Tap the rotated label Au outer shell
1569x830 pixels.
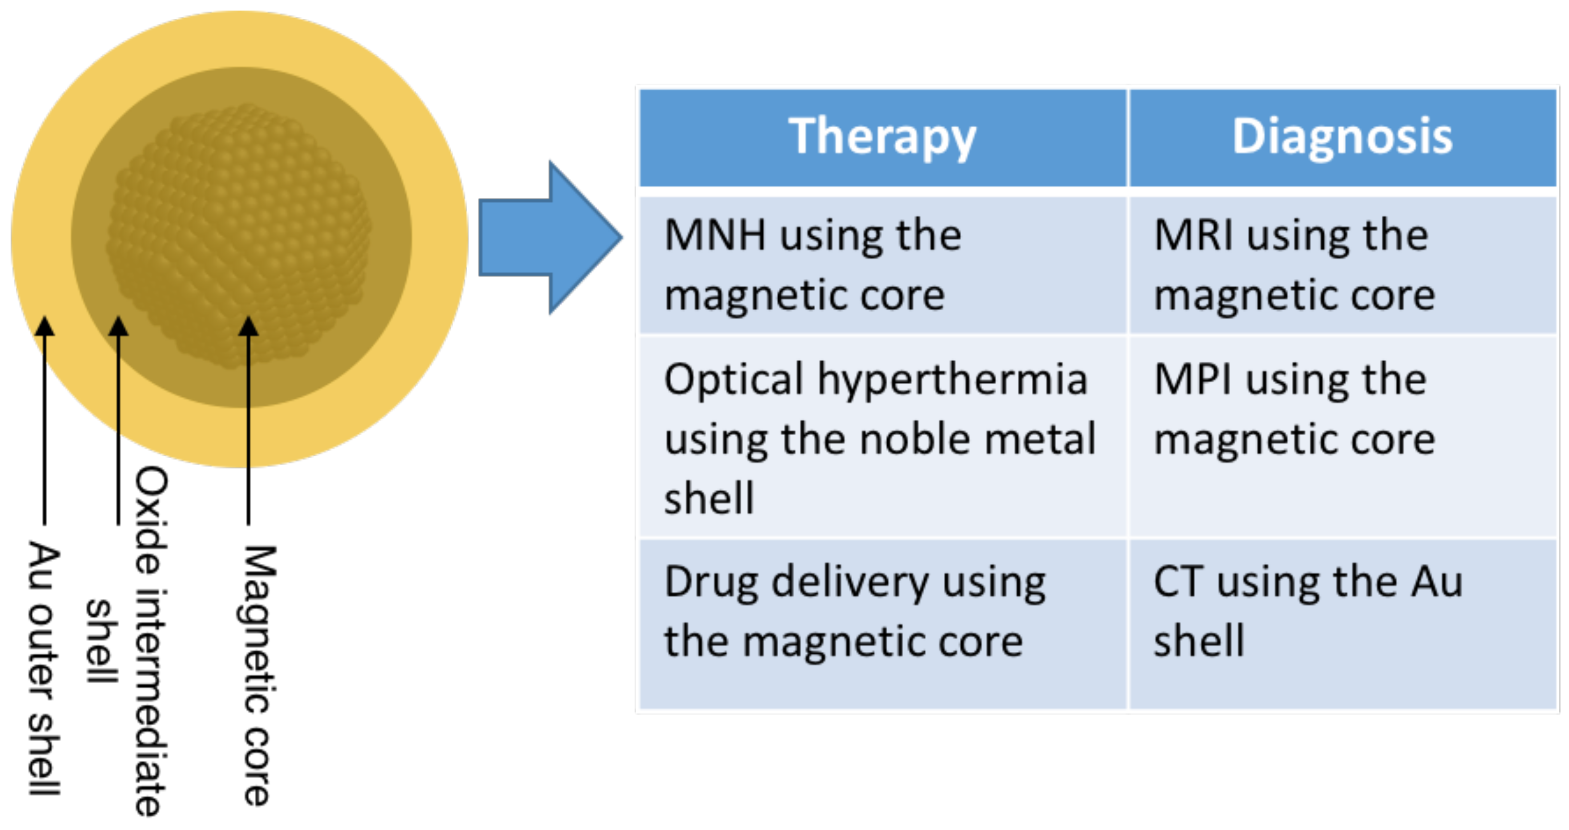(x=44, y=667)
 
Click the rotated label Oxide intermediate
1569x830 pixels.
(x=150, y=640)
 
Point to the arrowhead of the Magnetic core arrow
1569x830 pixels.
(x=248, y=326)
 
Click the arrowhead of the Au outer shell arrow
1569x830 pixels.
(x=44, y=326)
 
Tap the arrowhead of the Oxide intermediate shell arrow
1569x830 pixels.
(x=118, y=326)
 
